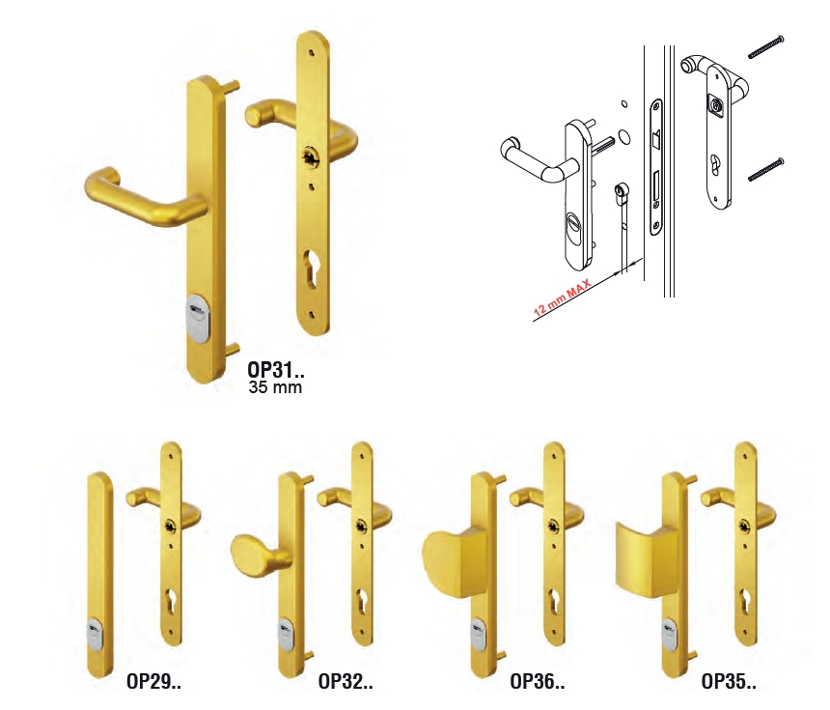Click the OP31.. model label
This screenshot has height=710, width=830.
(276, 369)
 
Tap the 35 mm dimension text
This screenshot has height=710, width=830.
(275, 387)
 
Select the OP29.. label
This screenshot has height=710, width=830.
(153, 681)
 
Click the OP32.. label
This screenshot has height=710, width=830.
(346, 681)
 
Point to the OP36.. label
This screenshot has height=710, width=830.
(538, 681)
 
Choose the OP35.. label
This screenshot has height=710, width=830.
(729, 681)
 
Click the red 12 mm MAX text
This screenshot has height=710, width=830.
(562, 298)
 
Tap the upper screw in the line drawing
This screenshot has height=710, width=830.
(765, 47)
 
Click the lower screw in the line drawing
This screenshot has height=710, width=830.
(765, 170)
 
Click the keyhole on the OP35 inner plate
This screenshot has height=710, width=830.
(745, 602)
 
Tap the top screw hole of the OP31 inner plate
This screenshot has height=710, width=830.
(310, 53)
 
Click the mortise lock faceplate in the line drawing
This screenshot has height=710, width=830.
(656, 167)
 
